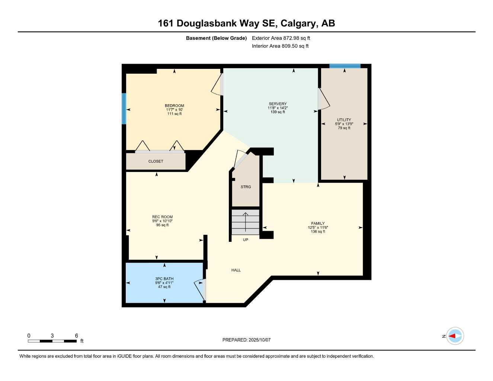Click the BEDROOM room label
click(x=175, y=106)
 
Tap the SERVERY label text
click(x=278, y=104)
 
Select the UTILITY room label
click(x=344, y=120)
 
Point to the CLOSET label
click(x=156, y=161)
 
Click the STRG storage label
click(x=246, y=187)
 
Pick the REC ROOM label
click(x=162, y=217)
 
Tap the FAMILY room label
click(x=318, y=224)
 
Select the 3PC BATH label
click(x=164, y=279)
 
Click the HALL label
click(x=236, y=270)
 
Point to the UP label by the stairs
click(x=246, y=240)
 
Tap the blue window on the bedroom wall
click(x=124, y=108)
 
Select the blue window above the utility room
click(x=345, y=66)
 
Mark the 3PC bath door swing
click(x=200, y=289)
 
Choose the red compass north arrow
click(x=452, y=336)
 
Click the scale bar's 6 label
click(x=77, y=336)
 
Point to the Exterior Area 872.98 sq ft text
click(x=281, y=38)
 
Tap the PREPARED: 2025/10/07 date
click(x=246, y=340)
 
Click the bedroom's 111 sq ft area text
click(x=175, y=114)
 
